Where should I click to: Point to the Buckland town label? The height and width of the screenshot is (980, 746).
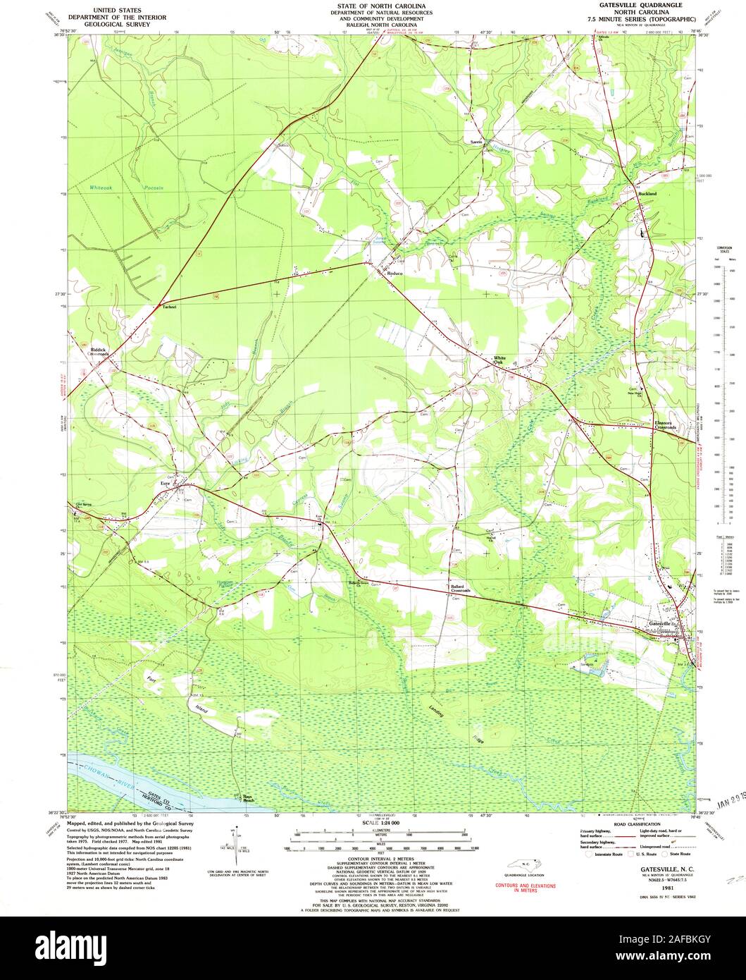pos(647,193)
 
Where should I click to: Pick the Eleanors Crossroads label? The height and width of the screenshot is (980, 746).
pos(663,426)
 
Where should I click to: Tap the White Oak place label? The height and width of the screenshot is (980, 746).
pos(499,360)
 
